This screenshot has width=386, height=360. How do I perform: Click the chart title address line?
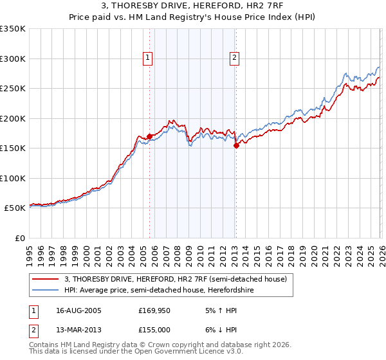192,7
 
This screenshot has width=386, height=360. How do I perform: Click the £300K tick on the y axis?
13,59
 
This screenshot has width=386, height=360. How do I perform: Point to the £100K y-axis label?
13,178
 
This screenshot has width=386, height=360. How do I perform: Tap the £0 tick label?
19,238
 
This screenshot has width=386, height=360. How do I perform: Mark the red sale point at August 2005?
149,136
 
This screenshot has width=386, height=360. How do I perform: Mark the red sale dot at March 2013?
235,145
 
